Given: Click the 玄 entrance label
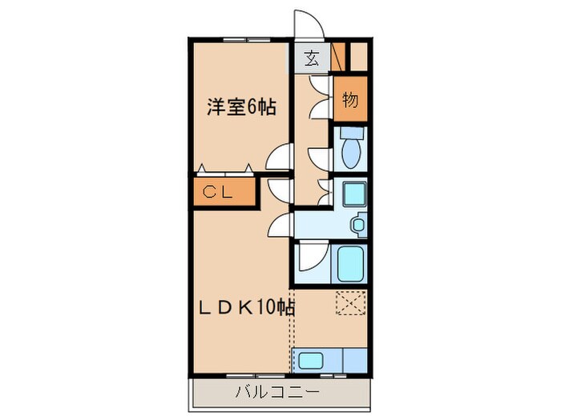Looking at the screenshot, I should tap(311, 58).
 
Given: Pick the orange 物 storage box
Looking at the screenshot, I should tap(349, 99).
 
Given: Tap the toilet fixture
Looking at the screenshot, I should tap(350, 147).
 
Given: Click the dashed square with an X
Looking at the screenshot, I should tap(350, 304).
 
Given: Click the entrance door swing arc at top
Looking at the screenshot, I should tap(309, 24).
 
